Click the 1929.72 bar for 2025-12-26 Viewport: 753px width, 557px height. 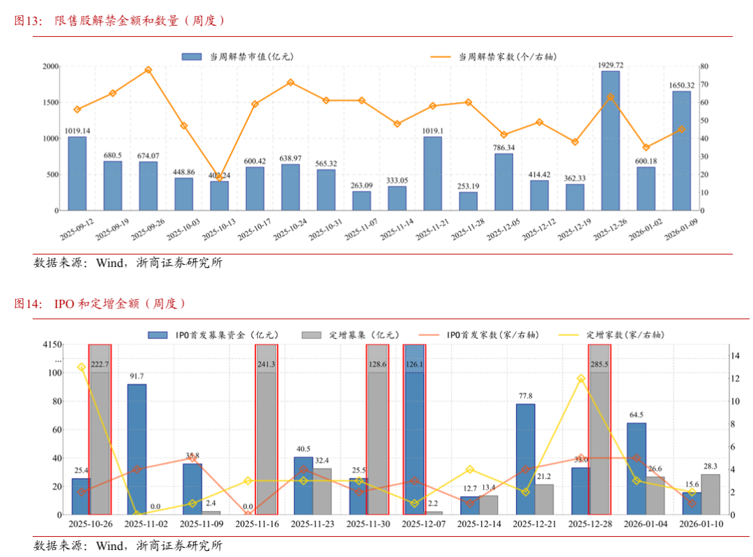click(x=610, y=139)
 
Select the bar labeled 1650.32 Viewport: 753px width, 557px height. click(x=681, y=150)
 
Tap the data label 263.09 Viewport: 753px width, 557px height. click(x=361, y=185)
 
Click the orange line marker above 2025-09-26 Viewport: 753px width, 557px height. click(x=148, y=70)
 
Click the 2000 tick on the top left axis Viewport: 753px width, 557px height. click(x=50, y=66)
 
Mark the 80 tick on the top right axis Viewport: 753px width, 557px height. click(x=704, y=66)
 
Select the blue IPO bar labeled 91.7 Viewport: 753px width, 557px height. click(x=137, y=449)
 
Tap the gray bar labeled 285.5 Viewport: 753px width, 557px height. click(x=599, y=429)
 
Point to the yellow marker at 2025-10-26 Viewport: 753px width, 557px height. click(x=82, y=367)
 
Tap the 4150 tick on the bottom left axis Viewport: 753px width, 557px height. click(x=52, y=344)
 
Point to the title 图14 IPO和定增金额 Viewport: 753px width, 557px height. click(x=100, y=304)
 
